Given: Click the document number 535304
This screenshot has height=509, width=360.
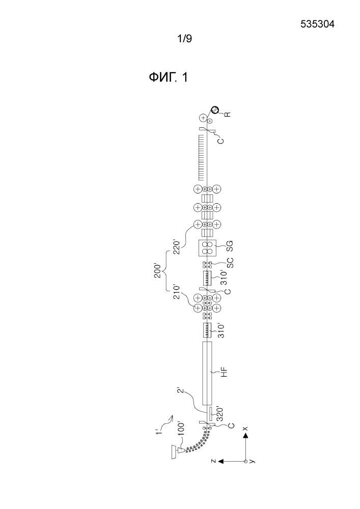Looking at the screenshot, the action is [317, 24].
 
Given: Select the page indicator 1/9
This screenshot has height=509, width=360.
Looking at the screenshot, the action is [184, 39].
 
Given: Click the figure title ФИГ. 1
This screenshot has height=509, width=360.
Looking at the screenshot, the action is [168, 77].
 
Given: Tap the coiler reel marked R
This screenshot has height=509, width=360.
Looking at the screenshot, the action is [214, 110].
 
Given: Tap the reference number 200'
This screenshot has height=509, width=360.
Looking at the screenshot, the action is [158, 270].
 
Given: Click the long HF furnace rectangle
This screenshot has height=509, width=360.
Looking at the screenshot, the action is [207, 373].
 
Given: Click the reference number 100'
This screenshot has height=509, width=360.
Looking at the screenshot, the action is [180, 430].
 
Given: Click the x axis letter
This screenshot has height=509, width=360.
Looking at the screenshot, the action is [245, 428].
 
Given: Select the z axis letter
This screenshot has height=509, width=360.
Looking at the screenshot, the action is [213, 461].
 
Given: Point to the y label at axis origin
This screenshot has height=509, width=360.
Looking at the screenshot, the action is [253, 461].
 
